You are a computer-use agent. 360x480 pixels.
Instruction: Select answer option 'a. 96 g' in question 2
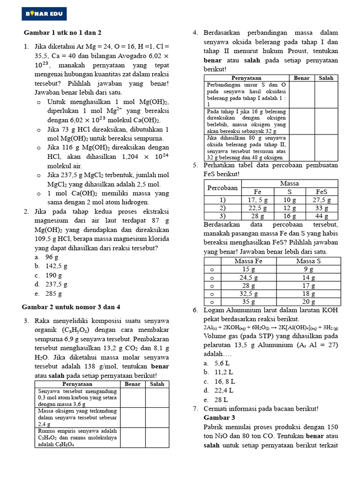coord(46,257)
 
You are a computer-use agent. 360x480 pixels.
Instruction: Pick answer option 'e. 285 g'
coord(48,293)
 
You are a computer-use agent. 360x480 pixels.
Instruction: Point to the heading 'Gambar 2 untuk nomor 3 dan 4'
coord(71,307)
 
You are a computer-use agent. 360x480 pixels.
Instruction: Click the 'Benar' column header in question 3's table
coord(133,384)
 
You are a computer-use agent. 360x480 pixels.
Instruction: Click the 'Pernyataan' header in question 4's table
coord(246,78)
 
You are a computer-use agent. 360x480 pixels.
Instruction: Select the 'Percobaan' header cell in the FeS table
coord(223,187)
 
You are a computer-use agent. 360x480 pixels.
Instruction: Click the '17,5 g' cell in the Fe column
coord(257,200)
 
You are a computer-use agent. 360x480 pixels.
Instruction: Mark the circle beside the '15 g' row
coord(212,270)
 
